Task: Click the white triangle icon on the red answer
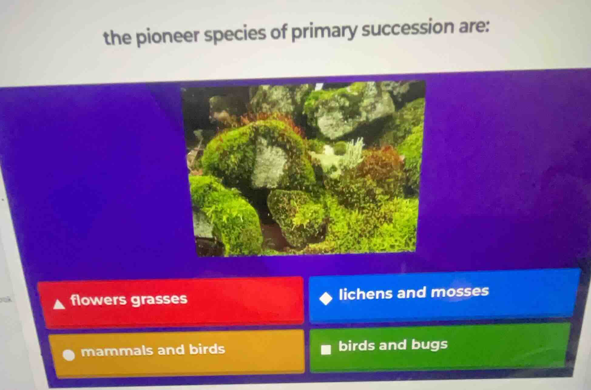click(59, 304)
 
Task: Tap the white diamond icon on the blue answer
click(326, 299)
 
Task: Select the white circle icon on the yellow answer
click(69, 354)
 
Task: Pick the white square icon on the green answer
click(326, 349)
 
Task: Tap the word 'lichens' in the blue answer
click(365, 294)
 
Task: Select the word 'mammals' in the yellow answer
click(117, 351)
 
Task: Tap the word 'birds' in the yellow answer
click(207, 349)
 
